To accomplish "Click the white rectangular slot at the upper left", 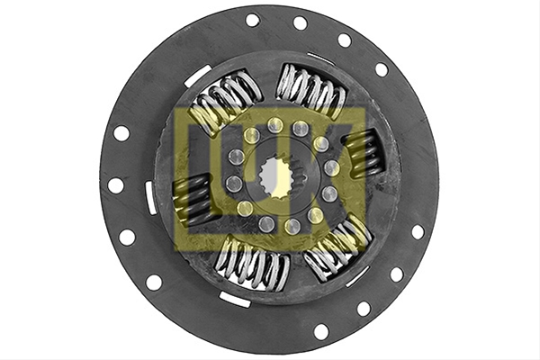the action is pos(197,76).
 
